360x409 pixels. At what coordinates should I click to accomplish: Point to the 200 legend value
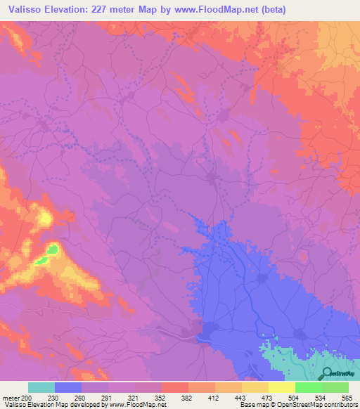click(x=27, y=397)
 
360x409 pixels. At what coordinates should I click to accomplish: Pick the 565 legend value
click(x=348, y=397)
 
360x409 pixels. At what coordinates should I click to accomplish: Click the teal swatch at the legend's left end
click(x=41, y=387)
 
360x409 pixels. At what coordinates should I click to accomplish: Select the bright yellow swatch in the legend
click(x=282, y=387)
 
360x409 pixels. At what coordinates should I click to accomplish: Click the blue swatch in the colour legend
click(x=68, y=387)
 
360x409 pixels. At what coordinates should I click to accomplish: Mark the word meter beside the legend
click(x=11, y=397)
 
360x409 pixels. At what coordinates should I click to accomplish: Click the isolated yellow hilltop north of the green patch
click(x=46, y=219)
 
